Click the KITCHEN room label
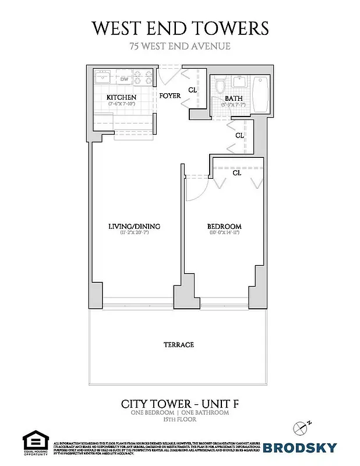coord(121,97)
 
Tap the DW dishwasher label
coord(124,79)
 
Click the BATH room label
coord(234,99)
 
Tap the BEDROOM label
coord(224,227)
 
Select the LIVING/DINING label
coord(134,227)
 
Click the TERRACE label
coord(178,345)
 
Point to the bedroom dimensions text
coord(224,234)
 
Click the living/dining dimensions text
coord(134,234)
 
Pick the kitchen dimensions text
coord(121,104)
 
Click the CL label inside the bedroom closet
coord(237,173)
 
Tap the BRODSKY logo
coord(299,447)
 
